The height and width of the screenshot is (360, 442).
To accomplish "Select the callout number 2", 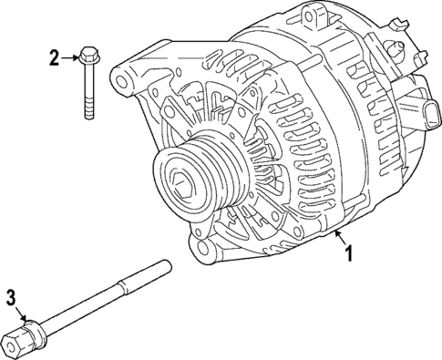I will (x=54, y=59).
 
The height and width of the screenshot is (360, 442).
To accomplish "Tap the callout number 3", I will (x=11, y=296).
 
